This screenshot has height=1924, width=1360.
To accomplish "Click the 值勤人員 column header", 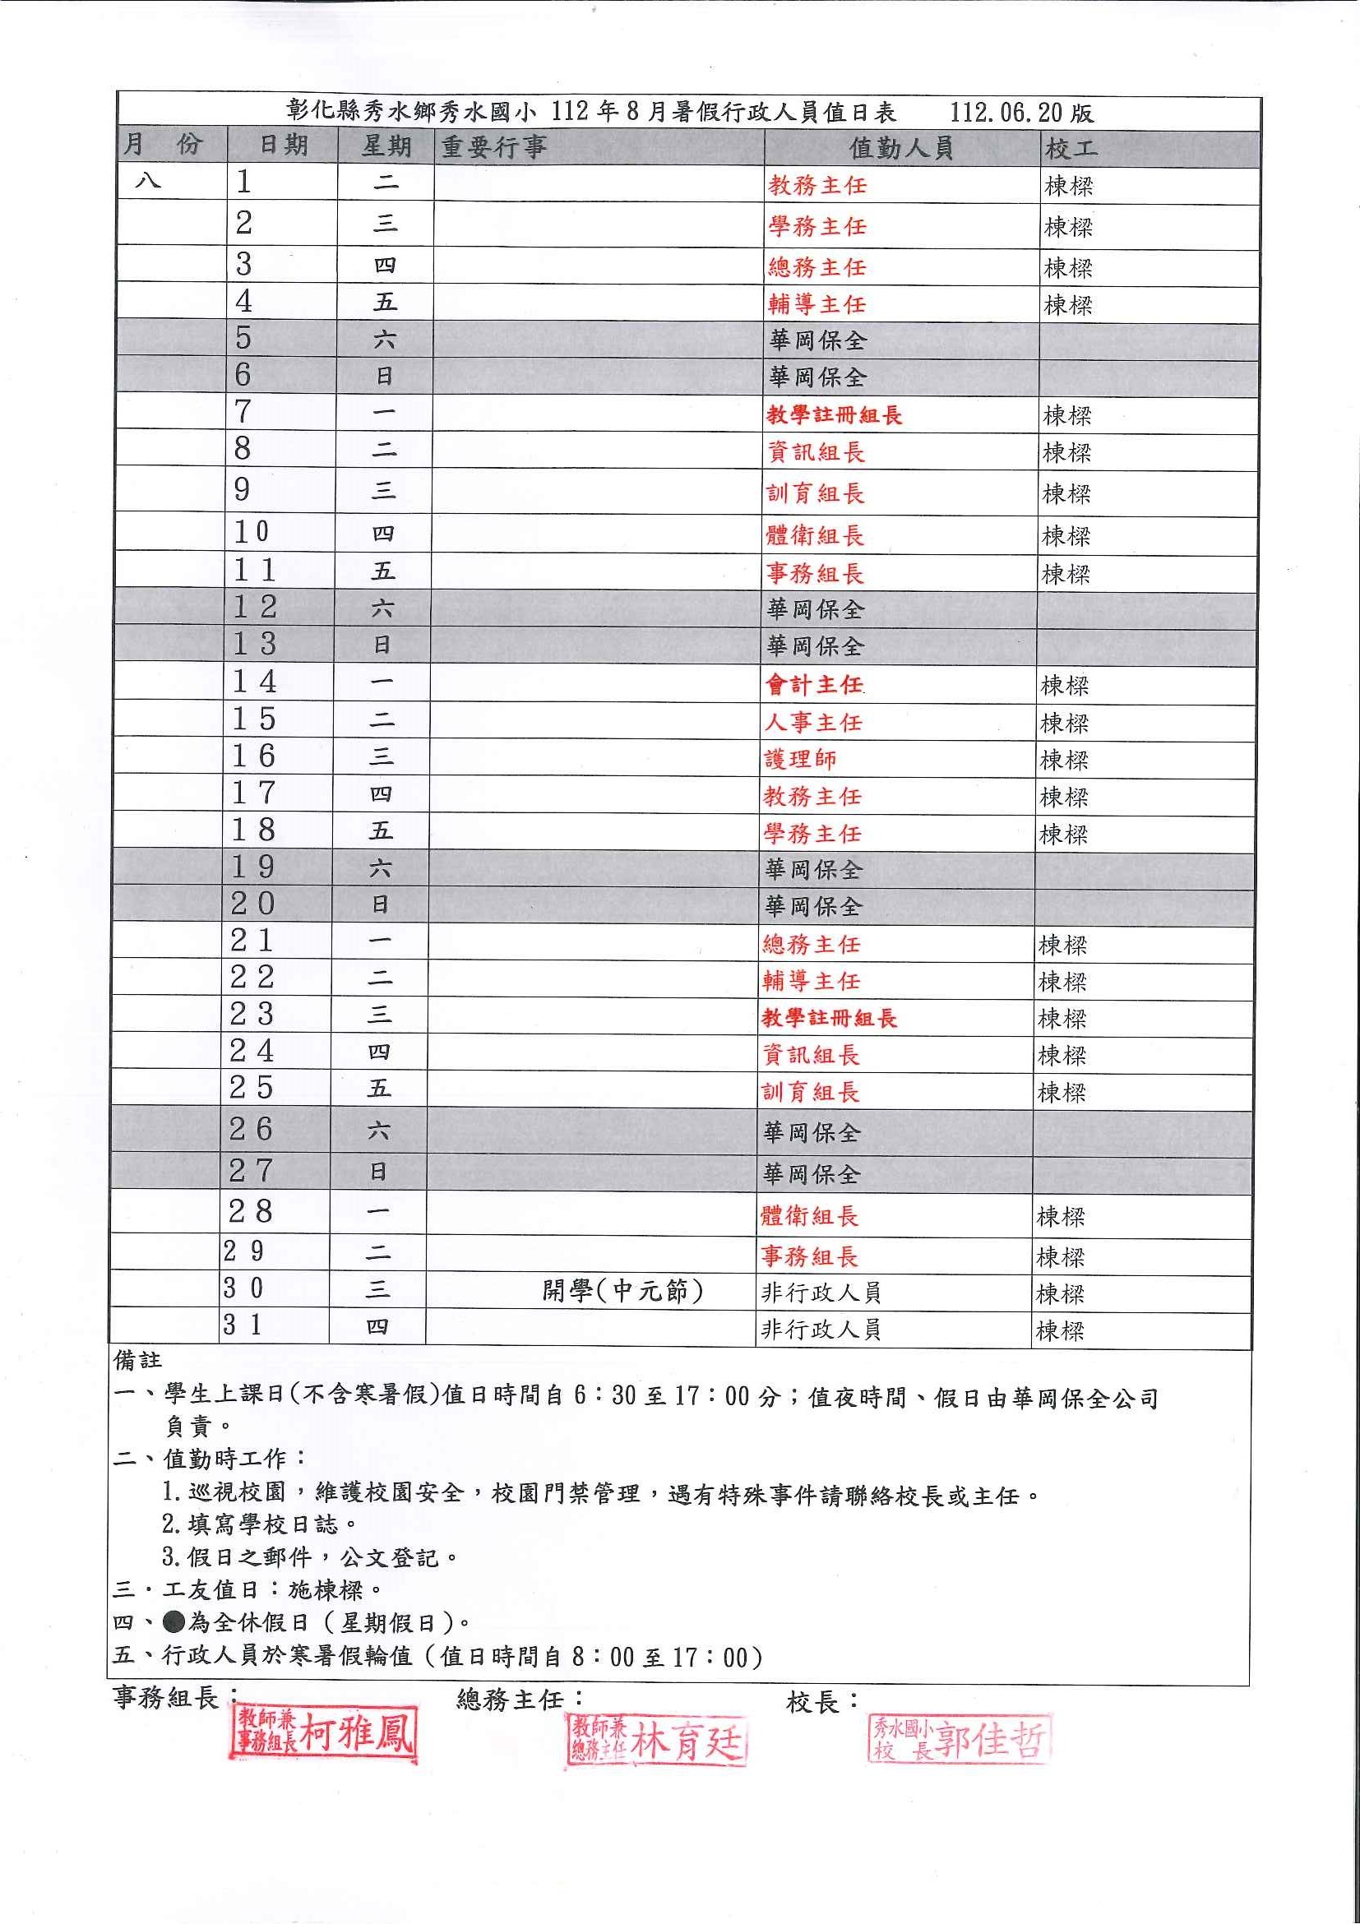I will tap(901, 148).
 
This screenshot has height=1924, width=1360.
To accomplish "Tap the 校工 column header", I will tap(1070, 149).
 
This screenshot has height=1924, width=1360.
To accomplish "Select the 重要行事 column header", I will tap(494, 147).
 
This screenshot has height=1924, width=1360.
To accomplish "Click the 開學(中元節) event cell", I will tap(622, 1292).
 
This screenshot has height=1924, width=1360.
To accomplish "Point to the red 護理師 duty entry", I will tap(800, 759).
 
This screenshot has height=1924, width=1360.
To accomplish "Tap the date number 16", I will tap(254, 756).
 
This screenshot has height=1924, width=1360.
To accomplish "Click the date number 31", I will tap(243, 1325).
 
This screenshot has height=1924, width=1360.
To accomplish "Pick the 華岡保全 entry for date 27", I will tap(811, 1175).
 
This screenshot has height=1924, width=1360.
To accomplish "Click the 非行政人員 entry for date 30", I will tap(821, 1293).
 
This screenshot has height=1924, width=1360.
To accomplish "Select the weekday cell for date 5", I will tap(385, 340).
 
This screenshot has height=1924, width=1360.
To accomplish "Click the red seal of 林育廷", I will tap(657, 1741).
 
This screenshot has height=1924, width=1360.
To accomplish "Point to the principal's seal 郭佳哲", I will tap(960, 1739).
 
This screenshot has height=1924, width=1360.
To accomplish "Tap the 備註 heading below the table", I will tap(137, 1362).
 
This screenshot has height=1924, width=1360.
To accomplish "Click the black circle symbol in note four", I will tap(173, 1622).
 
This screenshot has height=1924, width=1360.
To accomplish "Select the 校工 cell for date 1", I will tap(1068, 186).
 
